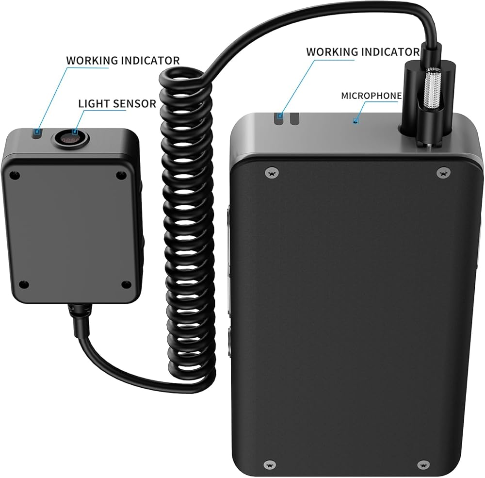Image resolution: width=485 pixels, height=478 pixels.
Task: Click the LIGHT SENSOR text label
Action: click(x=117, y=103)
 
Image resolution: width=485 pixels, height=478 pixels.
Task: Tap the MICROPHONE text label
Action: click(x=371, y=96)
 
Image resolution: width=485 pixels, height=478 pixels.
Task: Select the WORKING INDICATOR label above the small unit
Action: click(x=123, y=61)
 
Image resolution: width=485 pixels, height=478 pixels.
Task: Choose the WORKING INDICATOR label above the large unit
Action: click(x=363, y=51)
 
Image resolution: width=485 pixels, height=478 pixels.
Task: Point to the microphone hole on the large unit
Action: click(x=356, y=121)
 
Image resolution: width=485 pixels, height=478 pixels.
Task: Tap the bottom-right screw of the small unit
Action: click(x=126, y=285)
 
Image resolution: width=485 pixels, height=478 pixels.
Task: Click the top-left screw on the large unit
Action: click(x=272, y=172)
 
